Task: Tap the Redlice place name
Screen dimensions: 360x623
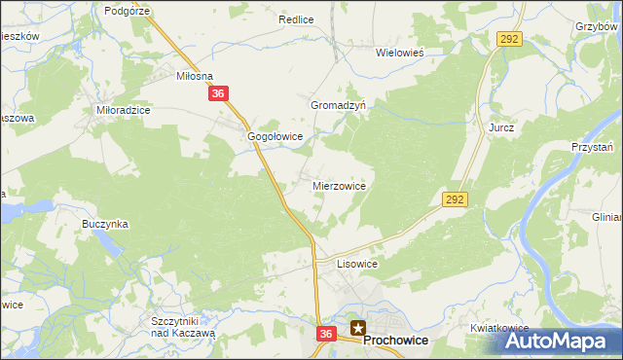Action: [295, 18]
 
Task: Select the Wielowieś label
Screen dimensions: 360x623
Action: [403, 54]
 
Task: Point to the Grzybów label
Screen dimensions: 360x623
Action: [598, 27]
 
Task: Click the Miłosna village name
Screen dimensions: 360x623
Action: [194, 75]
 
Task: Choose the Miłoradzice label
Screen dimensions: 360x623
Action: [123, 111]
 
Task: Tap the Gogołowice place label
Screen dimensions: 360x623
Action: [276, 137]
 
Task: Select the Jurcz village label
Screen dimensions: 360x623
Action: [501, 127]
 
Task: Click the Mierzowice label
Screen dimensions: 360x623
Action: [339, 185]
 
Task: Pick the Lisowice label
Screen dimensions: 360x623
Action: [356, 264]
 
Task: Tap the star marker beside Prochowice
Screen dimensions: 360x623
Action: [359, 329]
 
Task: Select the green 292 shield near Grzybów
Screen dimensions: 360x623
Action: [510, 39]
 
